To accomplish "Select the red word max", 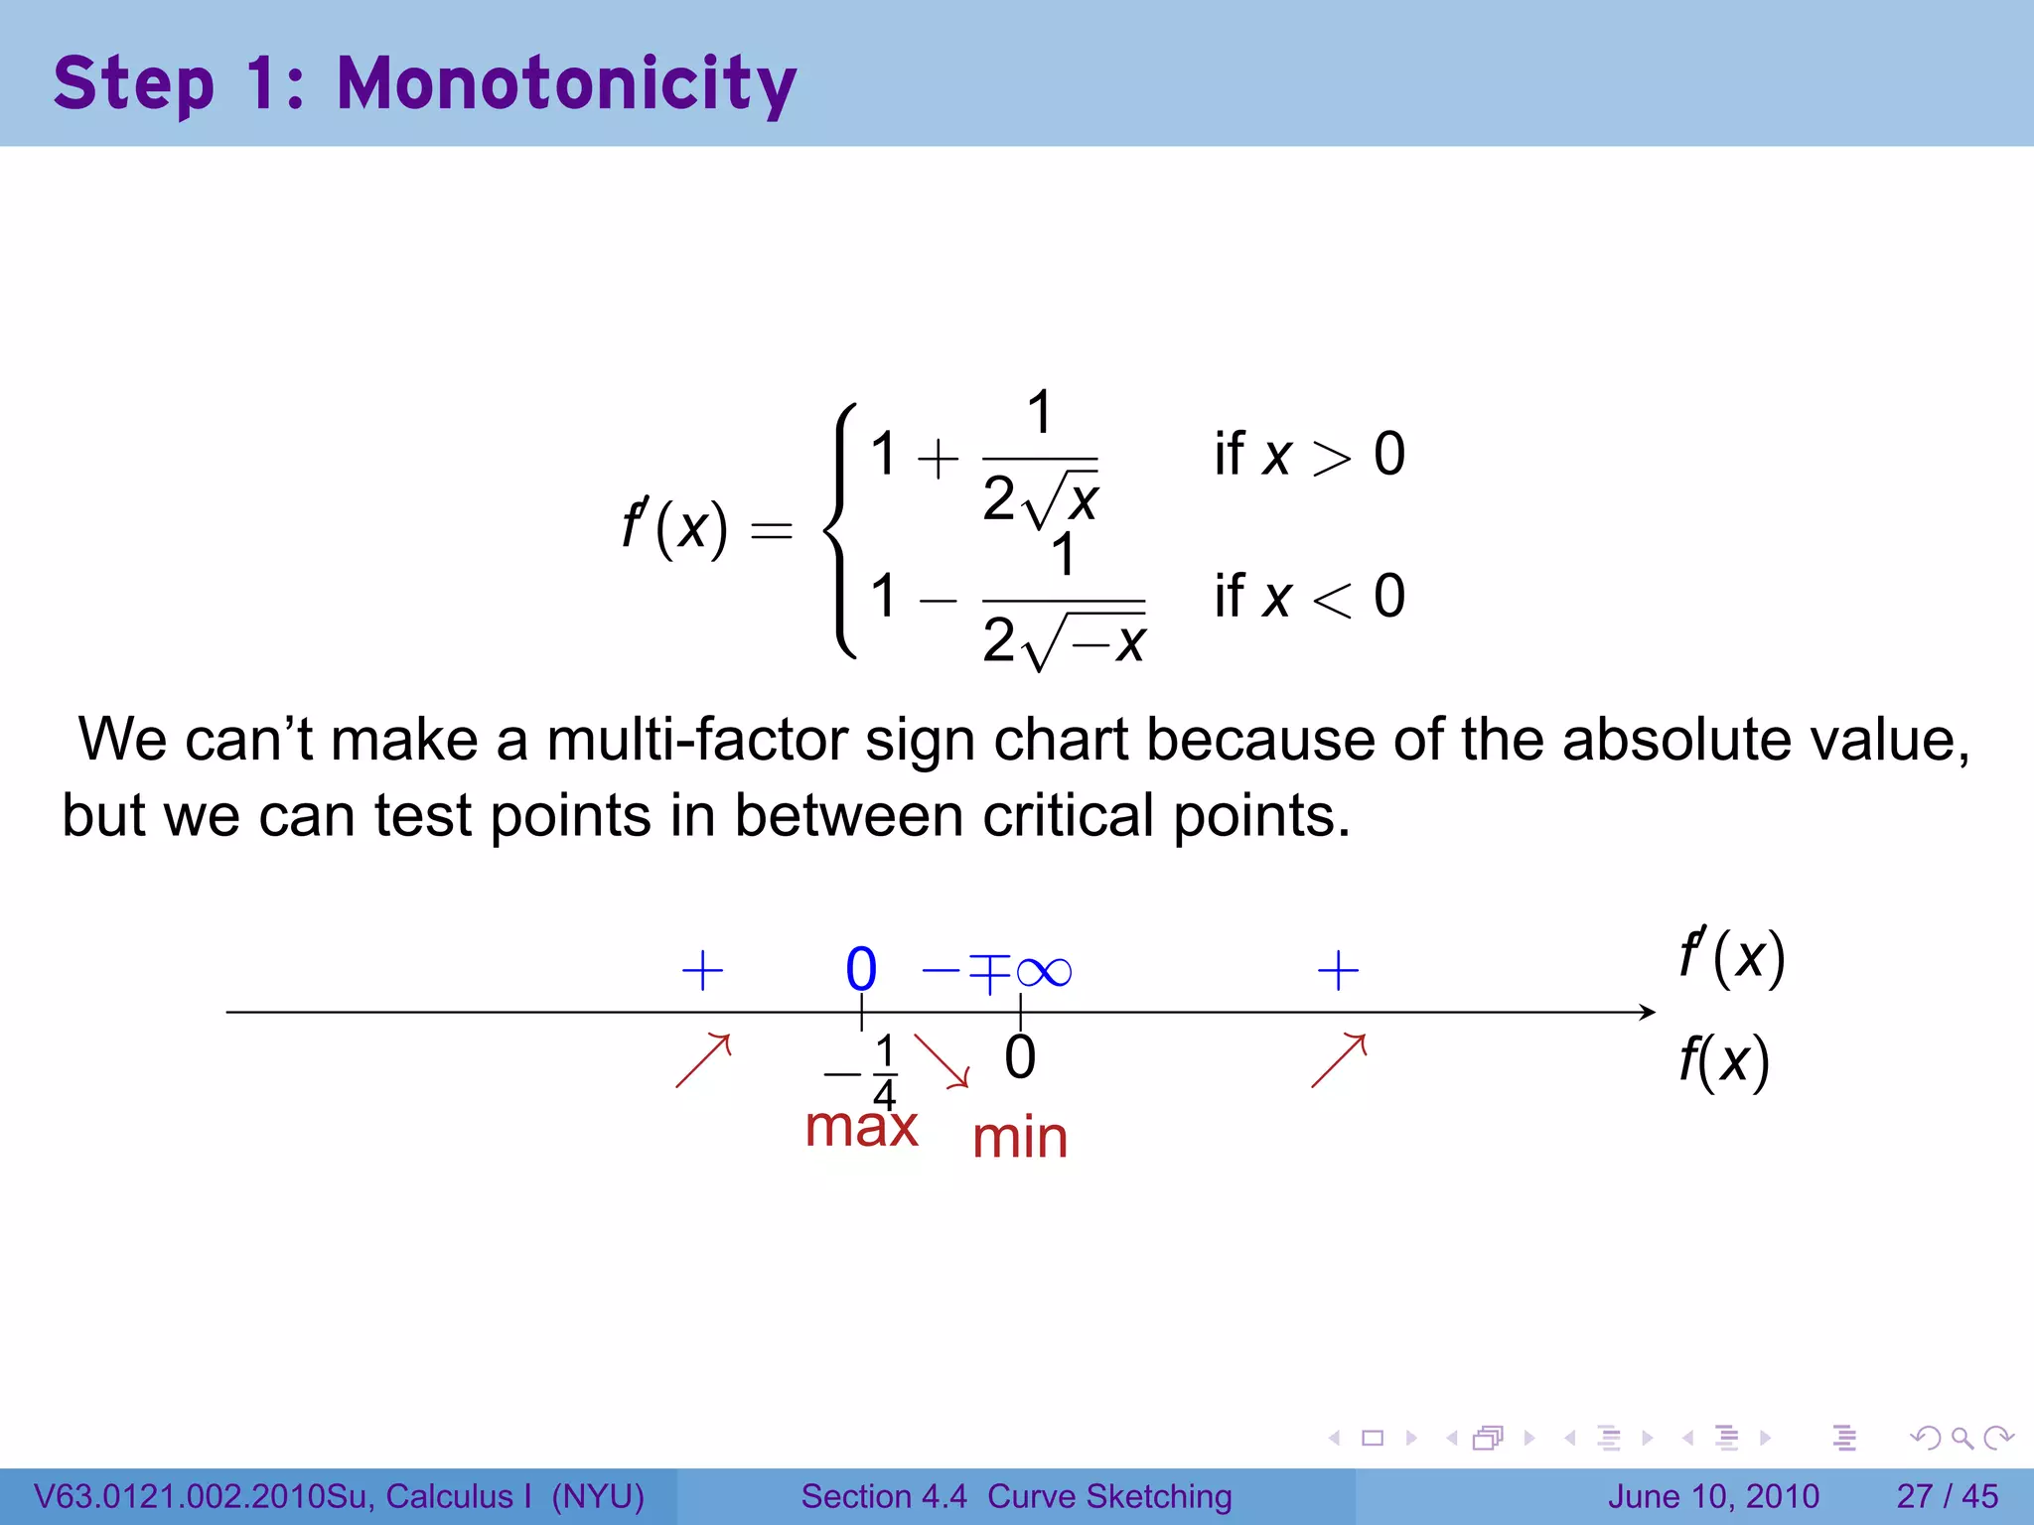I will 861,1128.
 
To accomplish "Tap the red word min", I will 1020,1139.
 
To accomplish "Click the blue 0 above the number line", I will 861,970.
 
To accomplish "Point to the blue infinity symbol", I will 1044,971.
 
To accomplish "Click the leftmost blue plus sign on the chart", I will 702,971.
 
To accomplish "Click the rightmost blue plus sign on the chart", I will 1338,971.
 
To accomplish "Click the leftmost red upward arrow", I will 703,1060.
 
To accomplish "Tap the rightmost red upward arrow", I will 1339,1060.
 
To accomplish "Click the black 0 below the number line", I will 1020,1057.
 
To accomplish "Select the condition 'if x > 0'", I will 1309,455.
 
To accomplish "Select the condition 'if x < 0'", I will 1309,597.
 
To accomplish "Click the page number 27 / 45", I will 1947,1496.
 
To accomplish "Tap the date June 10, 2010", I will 1713,1496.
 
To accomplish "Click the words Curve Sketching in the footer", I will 1109,1496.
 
